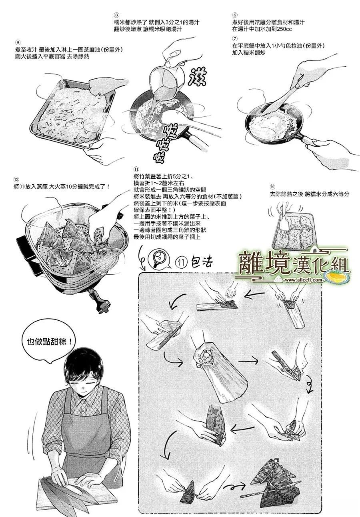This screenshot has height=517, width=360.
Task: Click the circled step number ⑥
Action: tap(235, 15)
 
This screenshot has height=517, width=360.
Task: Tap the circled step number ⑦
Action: tap(235, 38)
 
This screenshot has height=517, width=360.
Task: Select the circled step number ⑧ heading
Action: tap(117, 15)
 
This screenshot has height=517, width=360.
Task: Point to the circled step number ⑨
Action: tap(18, 42)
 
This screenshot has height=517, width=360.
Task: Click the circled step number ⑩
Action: tap(272, 187)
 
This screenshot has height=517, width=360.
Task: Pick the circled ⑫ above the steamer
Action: tap(16, 180)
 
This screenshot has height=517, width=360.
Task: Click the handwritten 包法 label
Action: tap(201, 262)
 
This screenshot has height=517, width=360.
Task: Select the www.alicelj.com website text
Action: tap(303, 280)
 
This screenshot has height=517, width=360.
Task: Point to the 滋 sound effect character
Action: tap(196, 77)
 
